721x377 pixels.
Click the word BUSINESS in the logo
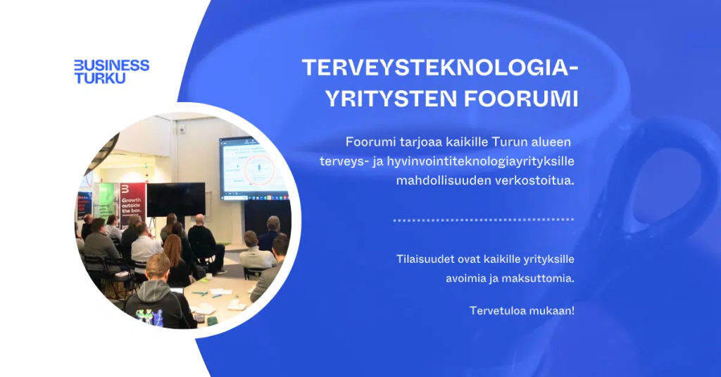pos(112,66)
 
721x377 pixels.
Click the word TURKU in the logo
pos(100,78)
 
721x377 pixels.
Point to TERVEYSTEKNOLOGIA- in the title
pos(440,68)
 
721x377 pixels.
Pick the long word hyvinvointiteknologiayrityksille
pos(480,161)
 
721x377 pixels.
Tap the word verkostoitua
pos(535,180)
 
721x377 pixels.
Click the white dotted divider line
pos(483,220)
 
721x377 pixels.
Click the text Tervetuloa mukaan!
pos(522,311)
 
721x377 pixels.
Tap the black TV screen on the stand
pos(176,199)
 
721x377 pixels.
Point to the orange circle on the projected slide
pos(261,169)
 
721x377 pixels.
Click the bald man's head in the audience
pos(199,220)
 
